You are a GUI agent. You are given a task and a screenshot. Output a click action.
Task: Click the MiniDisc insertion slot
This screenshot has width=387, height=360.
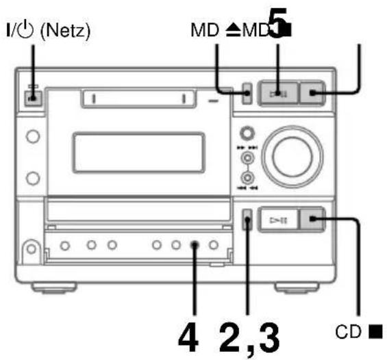[x=136, y=99]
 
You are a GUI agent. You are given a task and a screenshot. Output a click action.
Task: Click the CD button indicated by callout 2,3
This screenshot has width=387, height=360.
[x=247, y=220]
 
